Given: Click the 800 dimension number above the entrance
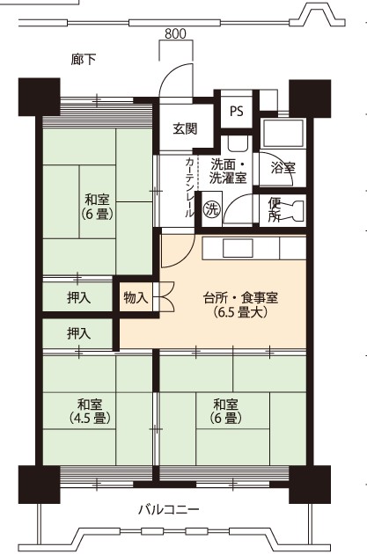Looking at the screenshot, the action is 175,34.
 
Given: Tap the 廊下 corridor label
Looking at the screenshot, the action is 84,60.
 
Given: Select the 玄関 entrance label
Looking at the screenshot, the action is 185,129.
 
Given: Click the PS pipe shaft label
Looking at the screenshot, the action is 237,111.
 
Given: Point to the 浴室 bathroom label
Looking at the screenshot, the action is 283,167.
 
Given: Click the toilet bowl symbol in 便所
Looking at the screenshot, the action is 292,211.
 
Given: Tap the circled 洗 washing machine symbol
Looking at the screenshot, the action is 212,210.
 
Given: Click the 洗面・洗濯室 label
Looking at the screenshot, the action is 228,171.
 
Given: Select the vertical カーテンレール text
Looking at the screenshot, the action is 189,187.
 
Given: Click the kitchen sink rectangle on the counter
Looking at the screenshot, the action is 238,248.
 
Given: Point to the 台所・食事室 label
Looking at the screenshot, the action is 240,298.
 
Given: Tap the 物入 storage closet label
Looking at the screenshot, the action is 136,298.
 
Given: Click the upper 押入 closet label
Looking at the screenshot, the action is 79,298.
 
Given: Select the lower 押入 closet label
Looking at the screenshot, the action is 79,333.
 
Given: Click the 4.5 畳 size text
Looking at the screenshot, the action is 90,419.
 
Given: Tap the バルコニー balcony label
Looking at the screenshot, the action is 168,510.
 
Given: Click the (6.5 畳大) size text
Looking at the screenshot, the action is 239,312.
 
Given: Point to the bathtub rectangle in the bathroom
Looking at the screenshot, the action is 283,134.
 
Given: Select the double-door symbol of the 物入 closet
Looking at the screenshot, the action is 164,296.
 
